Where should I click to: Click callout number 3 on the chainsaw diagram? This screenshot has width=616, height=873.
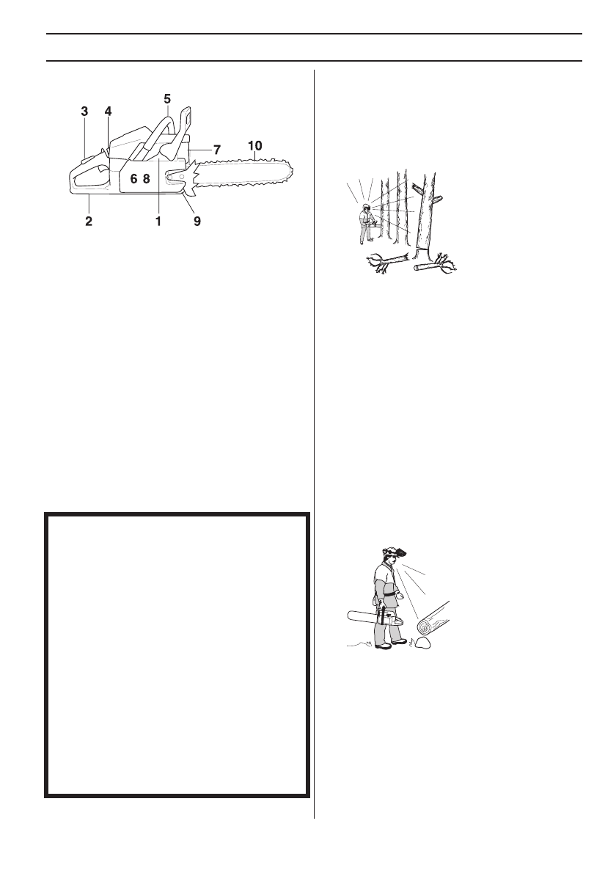click(84, 112)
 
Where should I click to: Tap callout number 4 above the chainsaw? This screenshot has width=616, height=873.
click(108, 112)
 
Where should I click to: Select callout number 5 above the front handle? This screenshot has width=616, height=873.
click(167, 98)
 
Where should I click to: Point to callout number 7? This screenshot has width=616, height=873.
click(217, 149)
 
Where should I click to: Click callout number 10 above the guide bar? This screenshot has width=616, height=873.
click(254, 145)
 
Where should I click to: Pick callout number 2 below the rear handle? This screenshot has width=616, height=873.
click(89, 220)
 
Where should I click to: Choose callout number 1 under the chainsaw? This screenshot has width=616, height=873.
click(158, 220)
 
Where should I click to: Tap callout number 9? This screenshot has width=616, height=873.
click(197, 220)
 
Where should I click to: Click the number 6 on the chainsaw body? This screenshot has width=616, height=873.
click(133, 178)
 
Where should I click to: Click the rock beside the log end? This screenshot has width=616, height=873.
click(422, 646)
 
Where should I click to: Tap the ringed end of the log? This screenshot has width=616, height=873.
click(424, 626)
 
